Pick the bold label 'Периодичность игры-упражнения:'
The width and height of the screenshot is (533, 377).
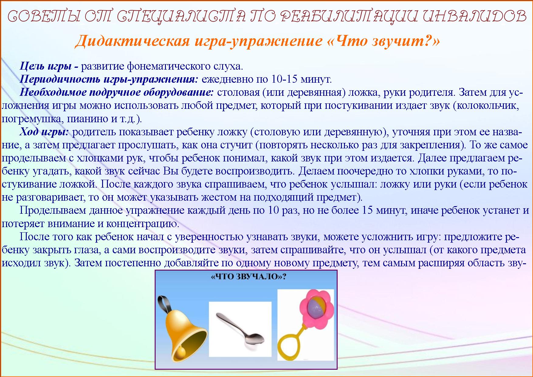pos(109,79)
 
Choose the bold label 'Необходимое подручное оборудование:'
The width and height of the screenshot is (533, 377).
pos(117,92)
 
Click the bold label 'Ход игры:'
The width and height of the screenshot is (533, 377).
pos(45,132)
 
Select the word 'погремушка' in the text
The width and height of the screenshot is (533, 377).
pos(30,119)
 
